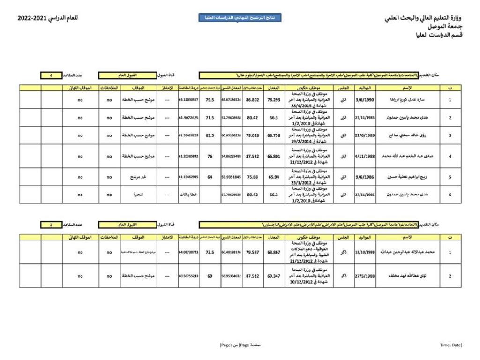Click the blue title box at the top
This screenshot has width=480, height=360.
[x=240, y=18]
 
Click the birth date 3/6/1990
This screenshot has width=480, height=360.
[x=365, y=100]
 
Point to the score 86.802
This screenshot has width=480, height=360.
[x=253, y=100]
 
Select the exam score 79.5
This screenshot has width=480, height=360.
[x=210, y=100]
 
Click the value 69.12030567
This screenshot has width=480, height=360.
[x=188, y=100]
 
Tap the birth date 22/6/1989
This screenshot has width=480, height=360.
[x=365, y=135]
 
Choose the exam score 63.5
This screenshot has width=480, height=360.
[x=210, y=135]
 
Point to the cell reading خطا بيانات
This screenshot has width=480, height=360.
[x=188, y=195]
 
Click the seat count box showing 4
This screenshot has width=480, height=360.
[x=52, y=75]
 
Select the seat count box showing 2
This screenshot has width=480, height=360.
[x=52, y=225]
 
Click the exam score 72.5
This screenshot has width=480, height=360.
[x=210, y=252]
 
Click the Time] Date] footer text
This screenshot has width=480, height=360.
[x=451, y=345]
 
